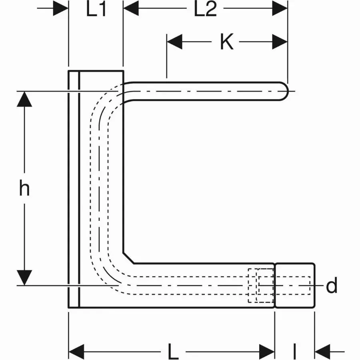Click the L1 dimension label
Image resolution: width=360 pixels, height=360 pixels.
coord(96,10)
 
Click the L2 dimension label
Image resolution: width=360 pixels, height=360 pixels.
coord(205,10)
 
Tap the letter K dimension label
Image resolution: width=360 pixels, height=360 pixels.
coord(227,42)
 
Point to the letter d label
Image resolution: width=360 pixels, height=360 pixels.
coord(332,286)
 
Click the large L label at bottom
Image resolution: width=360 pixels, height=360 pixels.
coord(173,352)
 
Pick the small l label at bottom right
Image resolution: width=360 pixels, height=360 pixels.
coord(295,352)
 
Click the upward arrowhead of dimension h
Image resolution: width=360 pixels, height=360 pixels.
coord(24,99)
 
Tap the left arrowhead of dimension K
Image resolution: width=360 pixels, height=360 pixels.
coord(174,42)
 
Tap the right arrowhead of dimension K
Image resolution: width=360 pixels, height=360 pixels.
coord(280,42)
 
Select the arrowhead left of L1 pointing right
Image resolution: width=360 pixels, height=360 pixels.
coord(61,9)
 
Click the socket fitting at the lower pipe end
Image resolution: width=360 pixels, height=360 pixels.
coord(295,286)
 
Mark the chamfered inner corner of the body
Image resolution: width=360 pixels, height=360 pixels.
coord(128,258)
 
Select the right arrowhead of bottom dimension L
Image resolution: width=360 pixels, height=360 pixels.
coord(267,352)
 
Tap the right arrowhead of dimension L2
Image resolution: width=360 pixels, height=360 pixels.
coord(280,9)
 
